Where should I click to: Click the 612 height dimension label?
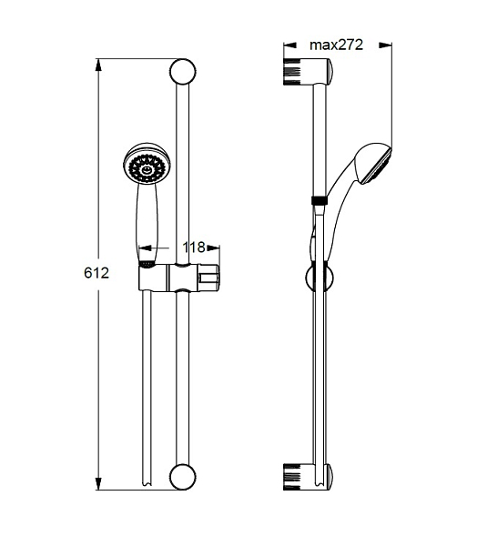point(96,273)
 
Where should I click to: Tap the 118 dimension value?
point(194,248)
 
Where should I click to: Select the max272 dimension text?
point(336,45)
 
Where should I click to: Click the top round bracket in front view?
point(183,71)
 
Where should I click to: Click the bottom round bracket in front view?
point(183,477)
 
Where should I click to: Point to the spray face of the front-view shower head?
point(147,168)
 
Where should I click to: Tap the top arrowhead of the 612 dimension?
point(98,66)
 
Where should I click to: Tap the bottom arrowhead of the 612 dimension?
point(98,484)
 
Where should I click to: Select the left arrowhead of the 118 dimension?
point(146,248)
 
